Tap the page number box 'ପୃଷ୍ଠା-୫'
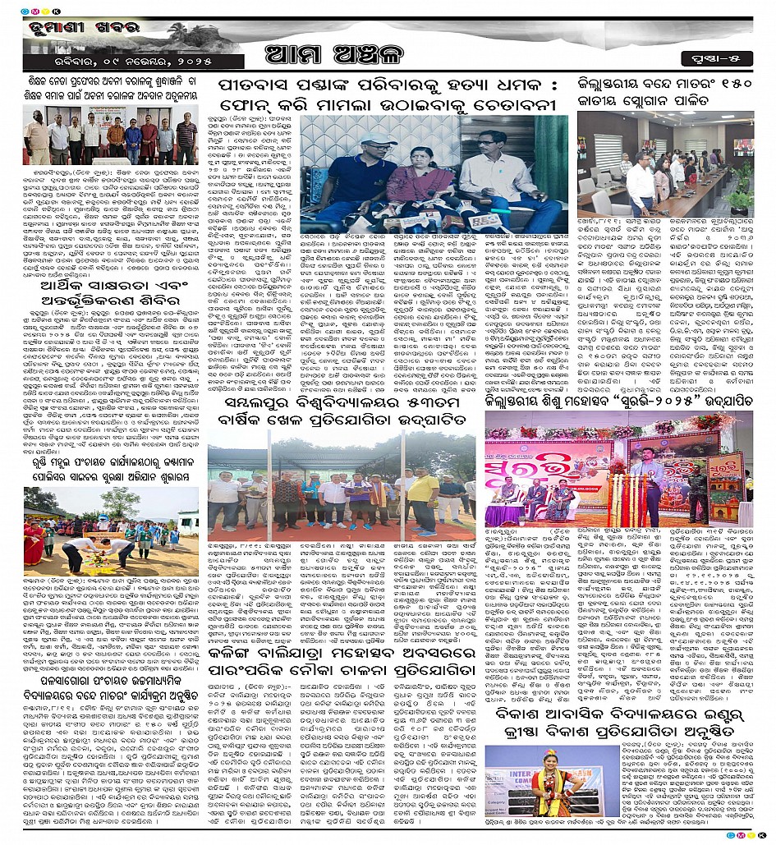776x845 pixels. [711, 57]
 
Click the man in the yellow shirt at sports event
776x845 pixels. [423, 501]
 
